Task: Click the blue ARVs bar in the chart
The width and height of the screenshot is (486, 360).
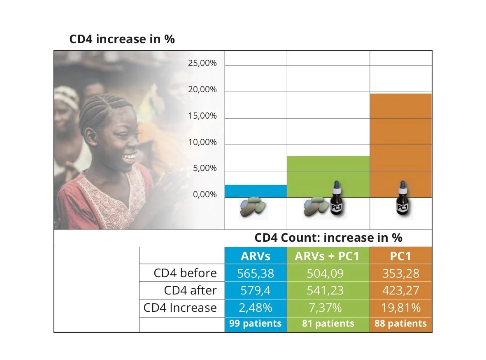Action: [256, 191]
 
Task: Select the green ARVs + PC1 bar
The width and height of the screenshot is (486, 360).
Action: [328, 177]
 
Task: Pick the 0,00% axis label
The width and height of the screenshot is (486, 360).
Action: [205, 194]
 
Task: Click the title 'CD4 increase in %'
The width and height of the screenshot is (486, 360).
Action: [122, 39]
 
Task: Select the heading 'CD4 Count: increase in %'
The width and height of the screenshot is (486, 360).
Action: [328, 238]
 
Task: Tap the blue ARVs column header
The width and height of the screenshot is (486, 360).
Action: [256, 256]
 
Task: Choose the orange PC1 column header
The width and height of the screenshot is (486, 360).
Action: [400, 256]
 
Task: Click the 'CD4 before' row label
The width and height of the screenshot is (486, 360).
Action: [185, 273]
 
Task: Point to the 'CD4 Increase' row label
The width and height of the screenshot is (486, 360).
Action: [180, 308]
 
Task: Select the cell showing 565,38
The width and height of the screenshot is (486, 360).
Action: [256, 273]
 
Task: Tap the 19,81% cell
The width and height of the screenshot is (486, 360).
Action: [400, 308]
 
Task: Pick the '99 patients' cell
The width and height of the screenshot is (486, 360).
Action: [256, 324]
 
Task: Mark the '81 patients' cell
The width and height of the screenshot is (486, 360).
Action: [328, 324]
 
